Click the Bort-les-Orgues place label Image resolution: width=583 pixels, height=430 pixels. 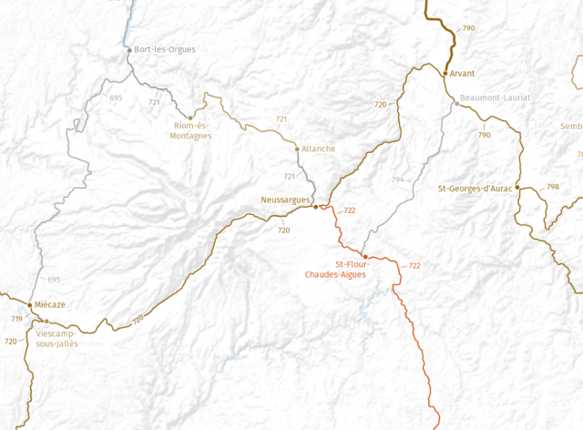(165, 49)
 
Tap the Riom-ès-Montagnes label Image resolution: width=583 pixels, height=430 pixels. (190, 130)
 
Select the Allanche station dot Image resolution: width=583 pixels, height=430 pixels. (297, 148)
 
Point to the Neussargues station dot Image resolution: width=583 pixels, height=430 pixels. (316, 207)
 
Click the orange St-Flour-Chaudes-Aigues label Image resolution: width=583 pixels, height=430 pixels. (335, 269)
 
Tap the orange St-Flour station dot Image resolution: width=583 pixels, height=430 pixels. (365, 257)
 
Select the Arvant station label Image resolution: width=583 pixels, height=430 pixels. (463, 73)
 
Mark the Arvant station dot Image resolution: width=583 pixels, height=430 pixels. (445, 73)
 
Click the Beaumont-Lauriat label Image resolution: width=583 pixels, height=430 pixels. (495, 97)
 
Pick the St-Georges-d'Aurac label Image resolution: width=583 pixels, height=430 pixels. (474, 189)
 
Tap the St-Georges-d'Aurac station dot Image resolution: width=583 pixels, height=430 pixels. (517, 188)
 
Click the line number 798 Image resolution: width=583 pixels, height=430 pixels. (553, 187)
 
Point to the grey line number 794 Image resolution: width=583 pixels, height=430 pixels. (397, 179)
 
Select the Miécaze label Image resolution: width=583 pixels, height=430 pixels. (50, 305)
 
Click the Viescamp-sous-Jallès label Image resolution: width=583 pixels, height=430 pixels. (57, 339)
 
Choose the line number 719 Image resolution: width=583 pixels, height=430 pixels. (16, 319)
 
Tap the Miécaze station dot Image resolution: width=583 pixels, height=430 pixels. (30, 305)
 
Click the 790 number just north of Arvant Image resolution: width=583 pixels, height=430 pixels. (468, 28)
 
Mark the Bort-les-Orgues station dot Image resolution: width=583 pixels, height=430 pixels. (128, 49)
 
